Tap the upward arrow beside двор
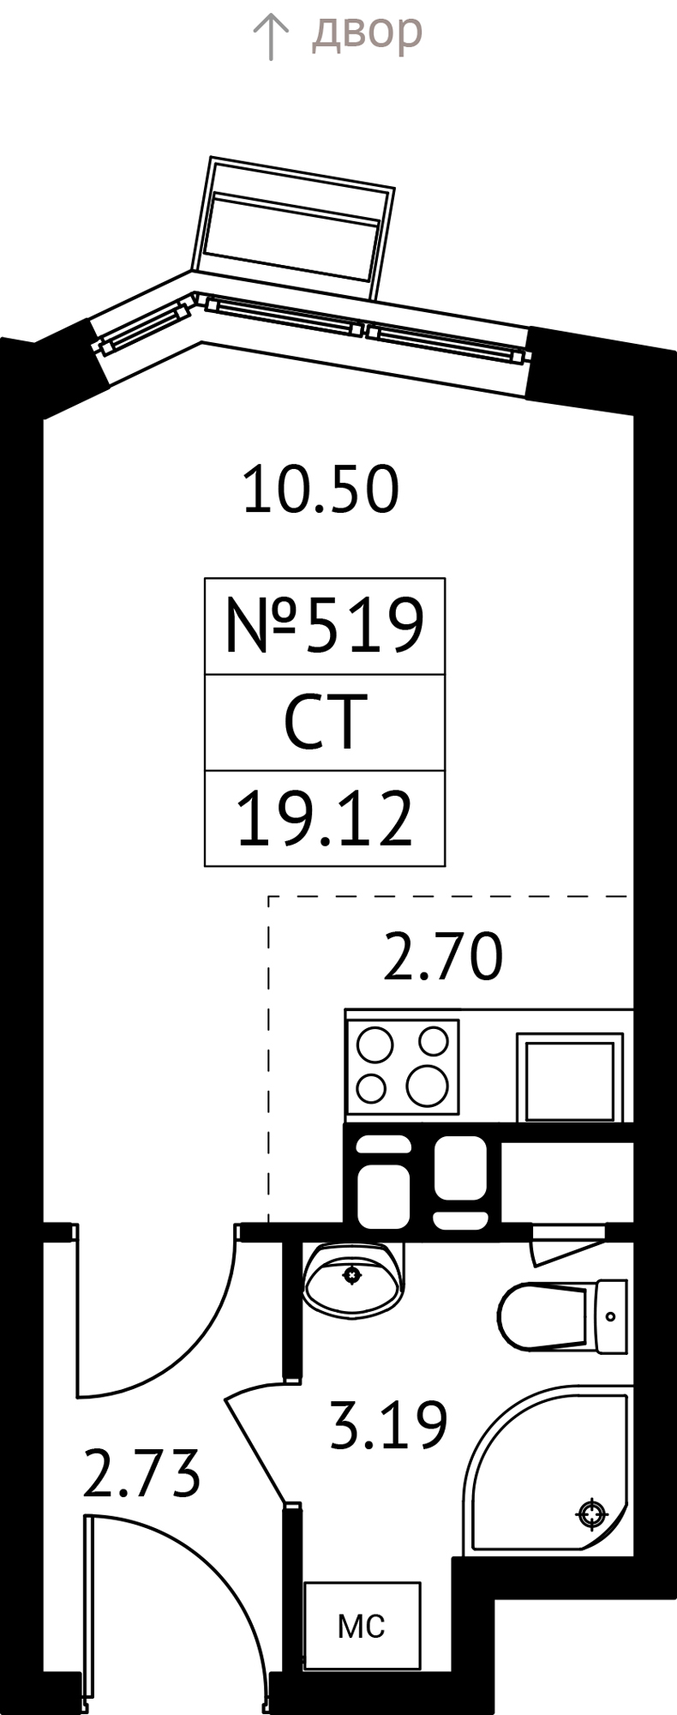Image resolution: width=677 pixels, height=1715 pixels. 271,38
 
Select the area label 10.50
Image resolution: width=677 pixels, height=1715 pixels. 321,490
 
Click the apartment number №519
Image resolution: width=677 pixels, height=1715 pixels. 324,625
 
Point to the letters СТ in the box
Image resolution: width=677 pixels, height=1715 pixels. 325,722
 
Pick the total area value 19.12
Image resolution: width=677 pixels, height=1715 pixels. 324,821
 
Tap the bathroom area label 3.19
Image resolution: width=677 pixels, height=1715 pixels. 388,1424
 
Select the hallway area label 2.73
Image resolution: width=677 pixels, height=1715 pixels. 141,1473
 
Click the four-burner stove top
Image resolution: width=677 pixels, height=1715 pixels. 403,1066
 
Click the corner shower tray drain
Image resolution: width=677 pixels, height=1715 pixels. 591,1513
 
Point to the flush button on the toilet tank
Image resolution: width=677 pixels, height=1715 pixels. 610,1316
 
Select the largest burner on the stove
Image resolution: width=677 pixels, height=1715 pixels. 427,1085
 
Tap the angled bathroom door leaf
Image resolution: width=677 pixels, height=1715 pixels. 256,1449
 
